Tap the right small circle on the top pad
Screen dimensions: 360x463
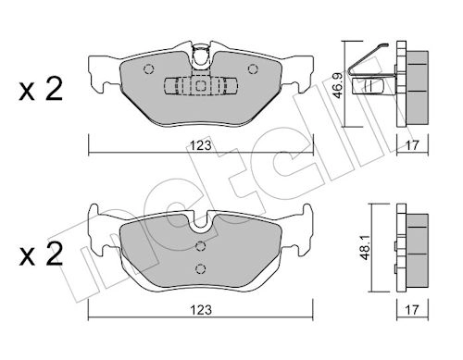(x=253, y=66)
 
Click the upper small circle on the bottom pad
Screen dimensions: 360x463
(x=201, y=246)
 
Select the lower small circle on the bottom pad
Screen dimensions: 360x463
(x=201, y=268)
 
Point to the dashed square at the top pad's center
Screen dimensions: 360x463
(x=201, y=85)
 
